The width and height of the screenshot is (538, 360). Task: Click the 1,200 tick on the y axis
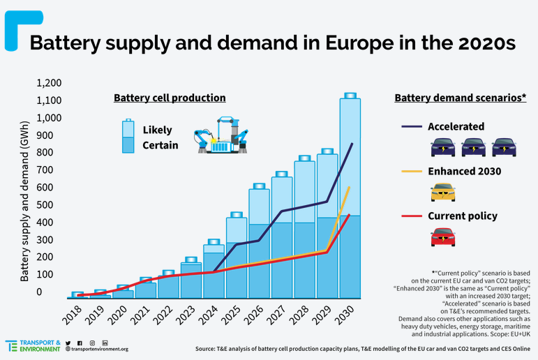click(50, 83)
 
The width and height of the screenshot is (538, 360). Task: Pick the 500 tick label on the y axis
click(52, 205)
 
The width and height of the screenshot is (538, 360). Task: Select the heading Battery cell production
click(170, 98)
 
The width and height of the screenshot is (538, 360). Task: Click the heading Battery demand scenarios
click(460, 98)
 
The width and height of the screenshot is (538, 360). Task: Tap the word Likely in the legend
click(157, 130)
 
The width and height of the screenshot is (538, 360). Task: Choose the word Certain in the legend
click(160, 146)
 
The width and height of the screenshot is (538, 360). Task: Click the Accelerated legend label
click(456, 126)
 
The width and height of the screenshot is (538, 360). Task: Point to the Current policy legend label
click(462, 216)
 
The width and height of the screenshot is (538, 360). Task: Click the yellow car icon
click(442, 192)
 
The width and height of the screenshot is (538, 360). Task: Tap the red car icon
click(442, 237)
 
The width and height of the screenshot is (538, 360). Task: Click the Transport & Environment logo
click(33, 345)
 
